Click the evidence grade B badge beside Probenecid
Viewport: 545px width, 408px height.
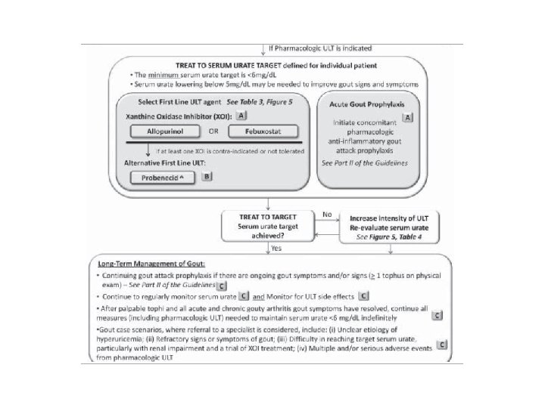[x=206, y=176]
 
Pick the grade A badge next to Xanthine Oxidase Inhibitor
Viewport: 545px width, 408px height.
[x=241, y=116]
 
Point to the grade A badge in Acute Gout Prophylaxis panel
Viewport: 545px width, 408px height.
[x=408, y=117]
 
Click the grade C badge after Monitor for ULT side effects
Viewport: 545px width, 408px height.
[x=363, y=295]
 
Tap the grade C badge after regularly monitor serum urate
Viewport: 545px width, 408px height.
[x=244, y=295]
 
